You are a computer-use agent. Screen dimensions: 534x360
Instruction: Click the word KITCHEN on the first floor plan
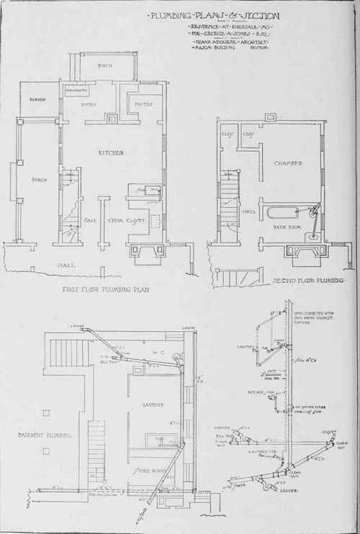pyautogui.click(x=109, y=153)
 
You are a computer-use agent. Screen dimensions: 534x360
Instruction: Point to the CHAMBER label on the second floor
pyautogui.click(x=286, y=164)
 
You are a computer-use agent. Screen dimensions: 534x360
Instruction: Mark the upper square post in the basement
pyautogui.click(x=46, y=412)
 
